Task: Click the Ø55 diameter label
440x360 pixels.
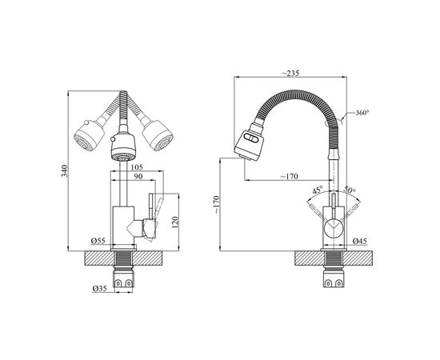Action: click(x=100, y=241)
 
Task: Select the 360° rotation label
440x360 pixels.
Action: click(x=362, y=114)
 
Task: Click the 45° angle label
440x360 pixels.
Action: click(x=318, y=191)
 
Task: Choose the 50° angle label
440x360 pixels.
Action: click(x=348, y=191)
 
